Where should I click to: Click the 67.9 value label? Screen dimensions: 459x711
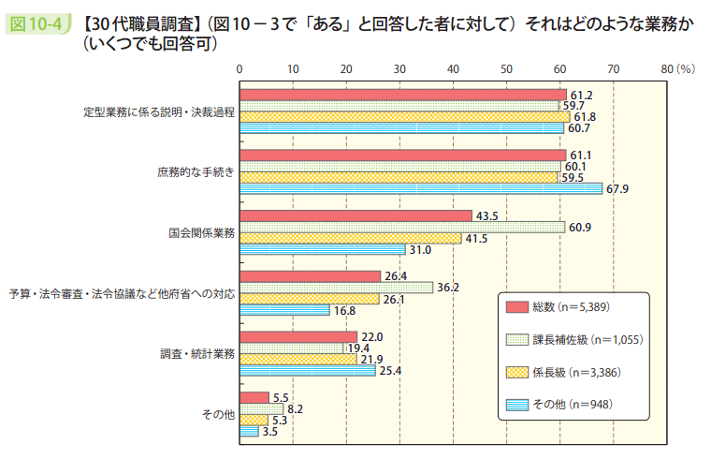617,189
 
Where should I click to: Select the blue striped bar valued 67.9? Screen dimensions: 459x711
421,188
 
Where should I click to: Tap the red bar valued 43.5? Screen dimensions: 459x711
355,215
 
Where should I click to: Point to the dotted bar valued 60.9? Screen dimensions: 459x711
402,227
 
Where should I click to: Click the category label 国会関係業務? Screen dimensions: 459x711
201,232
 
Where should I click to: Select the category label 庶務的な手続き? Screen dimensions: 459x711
196,172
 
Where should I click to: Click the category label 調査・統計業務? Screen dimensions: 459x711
197,353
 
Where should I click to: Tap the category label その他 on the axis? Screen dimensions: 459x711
219,413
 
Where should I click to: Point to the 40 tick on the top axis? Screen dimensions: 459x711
454,69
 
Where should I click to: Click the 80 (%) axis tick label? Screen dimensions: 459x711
676,69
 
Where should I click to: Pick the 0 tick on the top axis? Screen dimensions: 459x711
240,69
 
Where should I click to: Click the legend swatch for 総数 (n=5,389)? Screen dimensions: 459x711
515,306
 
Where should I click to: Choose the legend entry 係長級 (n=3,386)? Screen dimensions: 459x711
576,372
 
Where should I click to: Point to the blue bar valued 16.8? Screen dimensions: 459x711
285,310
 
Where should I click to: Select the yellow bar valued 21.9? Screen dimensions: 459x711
298,359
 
